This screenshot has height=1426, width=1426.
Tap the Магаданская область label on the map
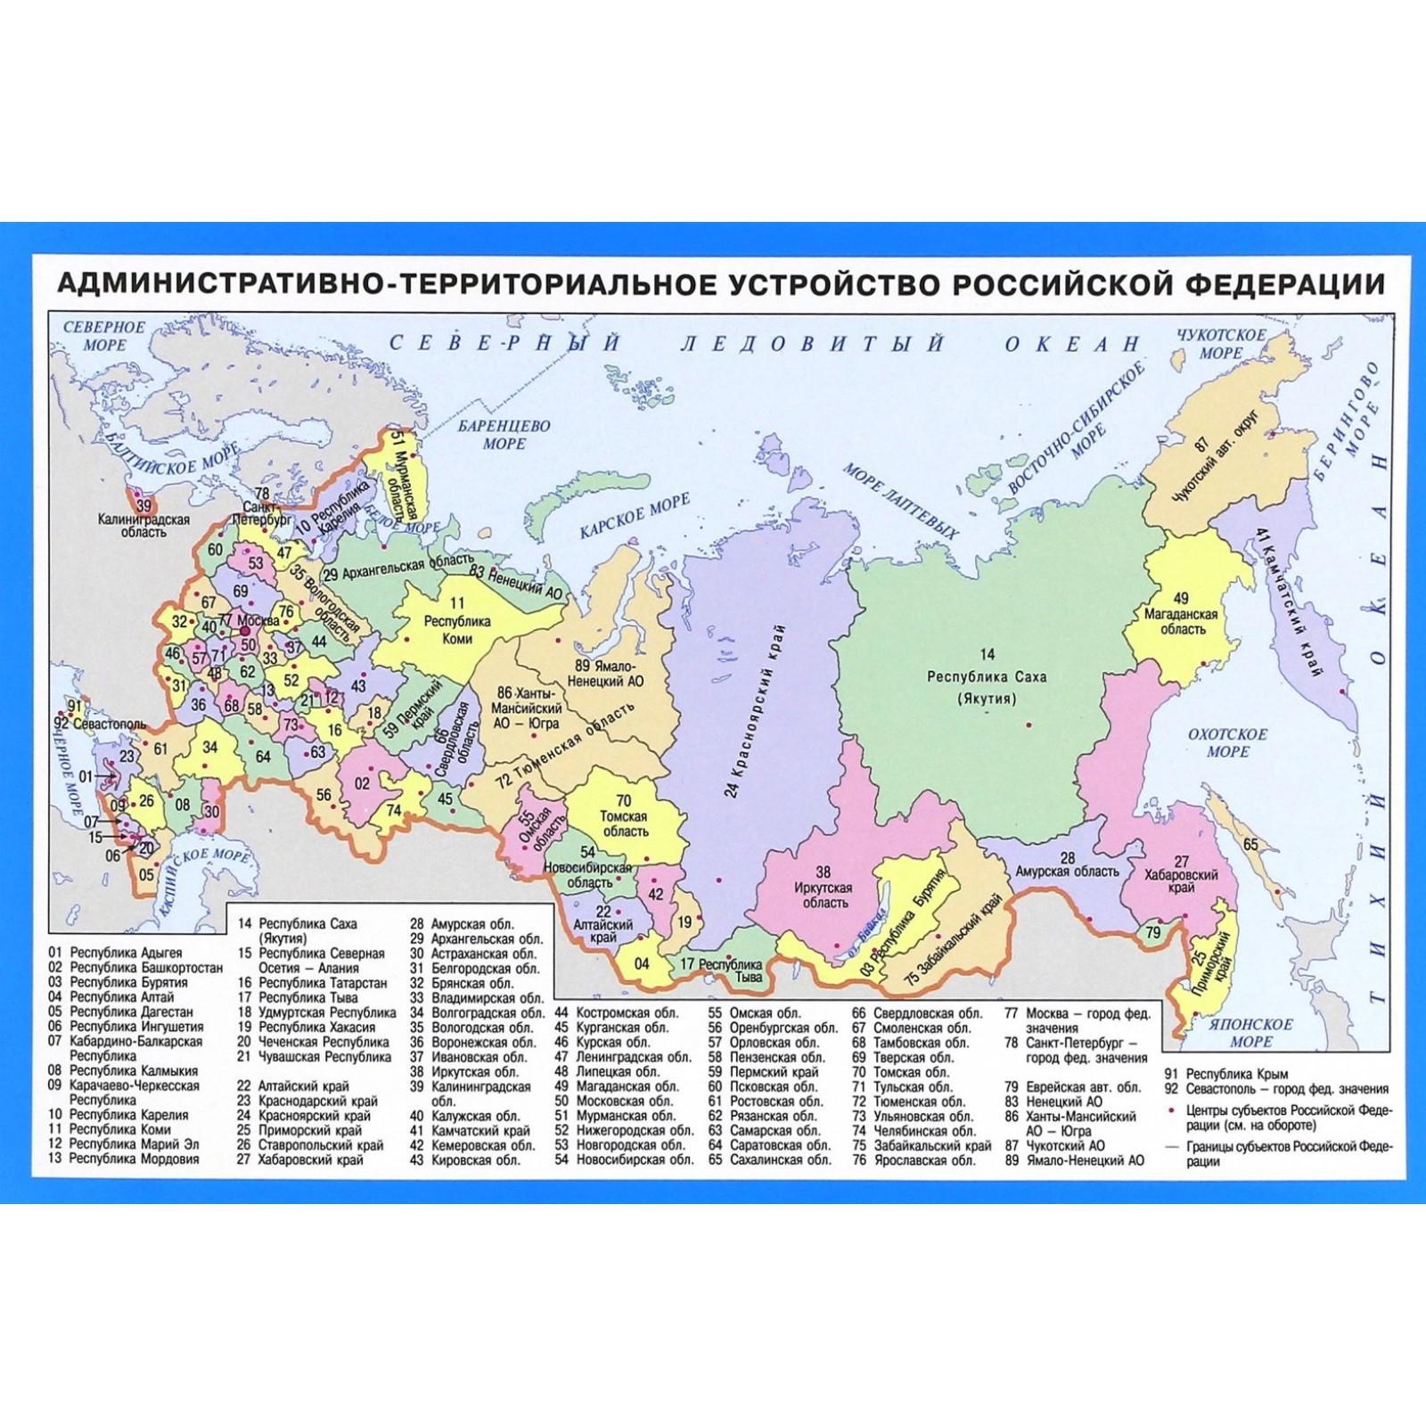click(x=1182, y=620)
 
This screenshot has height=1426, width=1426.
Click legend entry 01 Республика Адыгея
click(x=116, y=953)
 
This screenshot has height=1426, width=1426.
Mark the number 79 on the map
click(x=1153, y=933)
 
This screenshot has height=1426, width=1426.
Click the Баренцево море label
click(x=504, y=435)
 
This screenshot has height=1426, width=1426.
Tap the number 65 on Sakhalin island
click(x=1250, y=844)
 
